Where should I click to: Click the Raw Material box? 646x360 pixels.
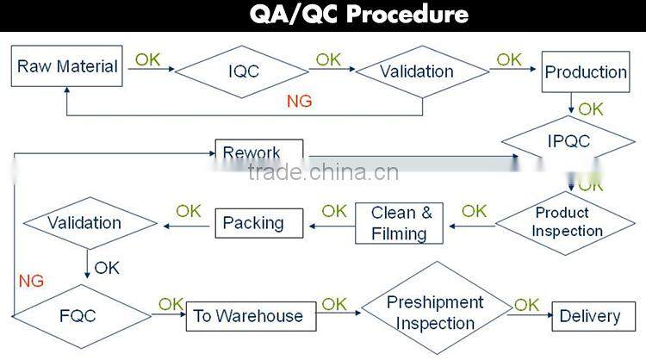67,65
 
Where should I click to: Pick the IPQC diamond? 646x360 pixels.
568,140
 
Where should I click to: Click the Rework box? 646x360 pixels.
258,154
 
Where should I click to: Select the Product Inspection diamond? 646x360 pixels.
566,221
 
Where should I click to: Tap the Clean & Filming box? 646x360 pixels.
401,222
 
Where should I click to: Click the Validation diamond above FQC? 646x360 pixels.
84,223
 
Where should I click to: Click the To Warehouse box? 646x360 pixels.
248,316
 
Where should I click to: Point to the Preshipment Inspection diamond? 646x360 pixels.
435,313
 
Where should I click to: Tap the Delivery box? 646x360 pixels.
589,316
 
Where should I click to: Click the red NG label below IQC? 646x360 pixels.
299,102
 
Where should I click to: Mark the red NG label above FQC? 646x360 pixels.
30,281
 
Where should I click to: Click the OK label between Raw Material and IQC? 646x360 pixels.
147,60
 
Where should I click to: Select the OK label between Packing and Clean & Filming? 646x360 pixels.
334,210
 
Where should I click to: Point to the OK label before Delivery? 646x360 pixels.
526,305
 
